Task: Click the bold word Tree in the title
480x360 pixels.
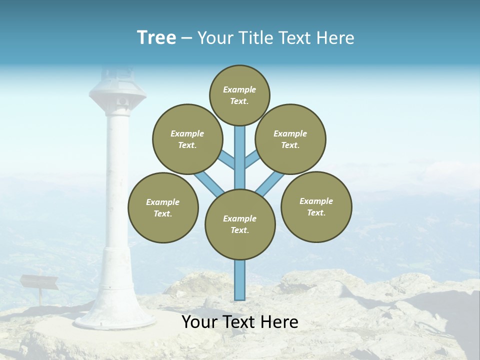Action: [x=156, y=38]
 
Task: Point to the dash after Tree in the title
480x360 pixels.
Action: [x=186, y=38]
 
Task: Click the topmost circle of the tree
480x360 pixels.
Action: [x=239, y=95]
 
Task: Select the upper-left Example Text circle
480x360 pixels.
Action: [x=187, y=139]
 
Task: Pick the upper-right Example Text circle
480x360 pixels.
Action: [x=290, y=139]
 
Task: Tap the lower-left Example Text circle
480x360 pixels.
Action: [x=163, y=207]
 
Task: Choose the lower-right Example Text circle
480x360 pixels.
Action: [x=316, y=206]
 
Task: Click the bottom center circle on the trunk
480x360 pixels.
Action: [x=240, y=224]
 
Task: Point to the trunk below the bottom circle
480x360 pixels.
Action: [x=240, y=280]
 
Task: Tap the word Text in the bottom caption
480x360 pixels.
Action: [x=241, y=322]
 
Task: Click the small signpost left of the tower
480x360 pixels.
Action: [x=39, y=283]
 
